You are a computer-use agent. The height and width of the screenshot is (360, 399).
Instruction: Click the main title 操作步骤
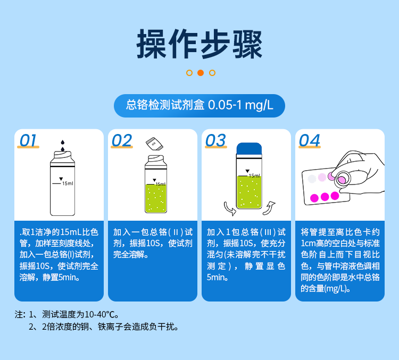[199, 43]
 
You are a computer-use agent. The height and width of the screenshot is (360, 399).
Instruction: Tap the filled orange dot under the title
[201, 73]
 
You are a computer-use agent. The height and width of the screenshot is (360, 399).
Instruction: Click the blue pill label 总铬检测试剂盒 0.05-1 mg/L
[199, 105]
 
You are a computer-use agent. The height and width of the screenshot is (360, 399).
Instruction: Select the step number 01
[28, 141]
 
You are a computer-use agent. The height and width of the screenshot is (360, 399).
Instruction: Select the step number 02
[122, 141]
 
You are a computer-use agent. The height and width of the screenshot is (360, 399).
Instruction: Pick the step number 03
[215, 141]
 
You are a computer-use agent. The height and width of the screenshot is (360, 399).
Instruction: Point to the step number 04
[310, 141]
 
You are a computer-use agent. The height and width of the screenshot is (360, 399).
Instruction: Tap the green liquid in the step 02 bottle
[156, 197]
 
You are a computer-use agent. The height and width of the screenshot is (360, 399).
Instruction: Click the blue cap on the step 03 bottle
[249, 149]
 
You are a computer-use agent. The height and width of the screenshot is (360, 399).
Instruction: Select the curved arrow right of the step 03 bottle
[269, 206]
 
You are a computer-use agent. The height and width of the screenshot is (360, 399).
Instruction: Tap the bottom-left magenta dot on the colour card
[314, 198]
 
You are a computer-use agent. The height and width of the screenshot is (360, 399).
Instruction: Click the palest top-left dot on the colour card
[312, 179]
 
